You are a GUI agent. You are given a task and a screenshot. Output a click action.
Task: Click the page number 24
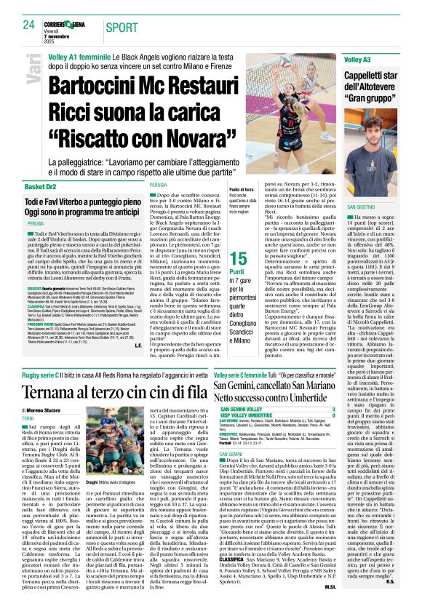[x=28, y=25]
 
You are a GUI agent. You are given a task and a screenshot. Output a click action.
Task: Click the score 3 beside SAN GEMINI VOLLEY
[x=334, y=410]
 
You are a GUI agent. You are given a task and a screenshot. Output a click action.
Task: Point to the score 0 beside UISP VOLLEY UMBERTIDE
[x=334, y=416]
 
